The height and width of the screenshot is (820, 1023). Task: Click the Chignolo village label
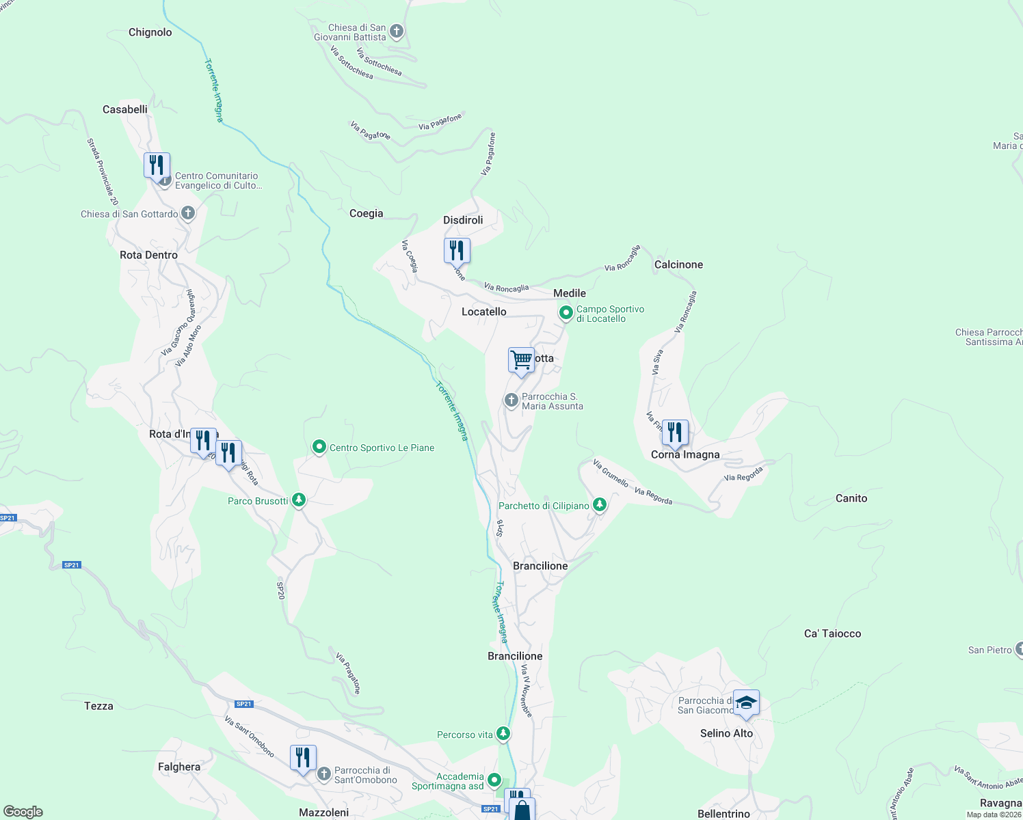point(150,32)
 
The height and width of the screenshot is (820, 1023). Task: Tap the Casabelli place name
point(125,109)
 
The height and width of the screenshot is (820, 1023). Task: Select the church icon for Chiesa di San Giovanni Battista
point(396,31)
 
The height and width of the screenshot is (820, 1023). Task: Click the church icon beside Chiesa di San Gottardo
point(188,214)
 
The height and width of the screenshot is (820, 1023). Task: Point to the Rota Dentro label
point(148,255)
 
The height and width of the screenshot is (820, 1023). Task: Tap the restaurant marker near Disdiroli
point(457,251)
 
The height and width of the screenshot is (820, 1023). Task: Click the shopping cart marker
point(521,359)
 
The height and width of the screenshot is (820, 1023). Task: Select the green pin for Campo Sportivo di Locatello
point(566,314)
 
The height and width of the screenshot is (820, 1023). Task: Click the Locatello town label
point(484,312)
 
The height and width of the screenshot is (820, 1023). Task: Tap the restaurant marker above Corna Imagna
point(675,433)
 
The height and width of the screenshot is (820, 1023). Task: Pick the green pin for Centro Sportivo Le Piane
point(319,448)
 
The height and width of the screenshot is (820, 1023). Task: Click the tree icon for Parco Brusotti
point(298,500)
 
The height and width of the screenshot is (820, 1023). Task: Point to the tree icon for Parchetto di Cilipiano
point(600,505)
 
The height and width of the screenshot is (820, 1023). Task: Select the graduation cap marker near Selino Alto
point(745,703)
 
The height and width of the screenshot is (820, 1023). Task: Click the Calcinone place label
point(678,264)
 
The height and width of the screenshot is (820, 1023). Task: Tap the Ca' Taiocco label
point(832,633)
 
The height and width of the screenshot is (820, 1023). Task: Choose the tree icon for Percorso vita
point(503,734)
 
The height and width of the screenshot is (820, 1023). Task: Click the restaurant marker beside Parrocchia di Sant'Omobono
point(303,758)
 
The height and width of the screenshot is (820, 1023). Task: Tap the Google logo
point(23,812)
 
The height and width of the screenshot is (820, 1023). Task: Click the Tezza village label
point(98,706)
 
